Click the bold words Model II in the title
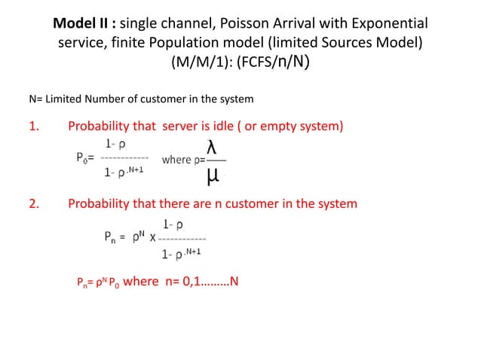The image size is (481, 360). coord(81,23)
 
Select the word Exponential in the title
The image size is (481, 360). coord(387,23)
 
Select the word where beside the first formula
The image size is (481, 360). coord(176,159)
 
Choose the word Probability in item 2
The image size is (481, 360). coord(100,204)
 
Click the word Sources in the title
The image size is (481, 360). coord(354,42)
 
